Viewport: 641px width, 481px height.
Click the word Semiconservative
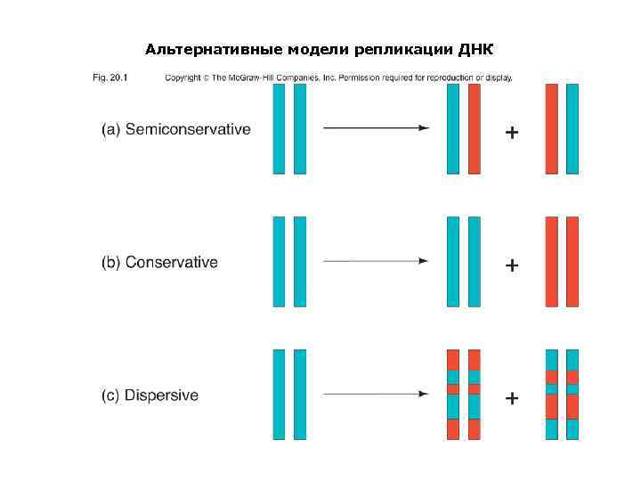pyautogui.click(x=188, y=129)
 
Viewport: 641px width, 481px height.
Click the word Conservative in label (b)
pyautogui.click(x=172, y=262)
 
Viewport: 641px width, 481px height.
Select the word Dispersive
pyautogui.click(x=162, y=395)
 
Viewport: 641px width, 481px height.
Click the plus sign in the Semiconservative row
pyautogui.click(x=512, y=133)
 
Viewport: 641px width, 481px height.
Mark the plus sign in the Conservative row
pyautogui.click(x=512, y=265)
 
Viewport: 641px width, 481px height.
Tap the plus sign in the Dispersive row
pyautogui.click(x=512, y=398)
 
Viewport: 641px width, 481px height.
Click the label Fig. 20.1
pyautogui.click(x=111, y=77)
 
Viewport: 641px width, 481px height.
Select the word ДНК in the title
pyautogui.click(x=475, y=47)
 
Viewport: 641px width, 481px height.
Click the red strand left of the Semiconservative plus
pyautogui.click(x=474, y=128)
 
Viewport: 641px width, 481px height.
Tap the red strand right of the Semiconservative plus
pyautogui.click(x=552, y=128)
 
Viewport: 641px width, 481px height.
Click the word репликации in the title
pyautogui.click(x=403, y=47)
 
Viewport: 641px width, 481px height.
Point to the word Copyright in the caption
pyautogui.click(x=183, y=77)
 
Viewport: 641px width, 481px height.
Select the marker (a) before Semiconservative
pyautogui.click(x=110, y=129)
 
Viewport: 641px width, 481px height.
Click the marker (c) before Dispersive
pyautogui.click(x=110, y=395)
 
